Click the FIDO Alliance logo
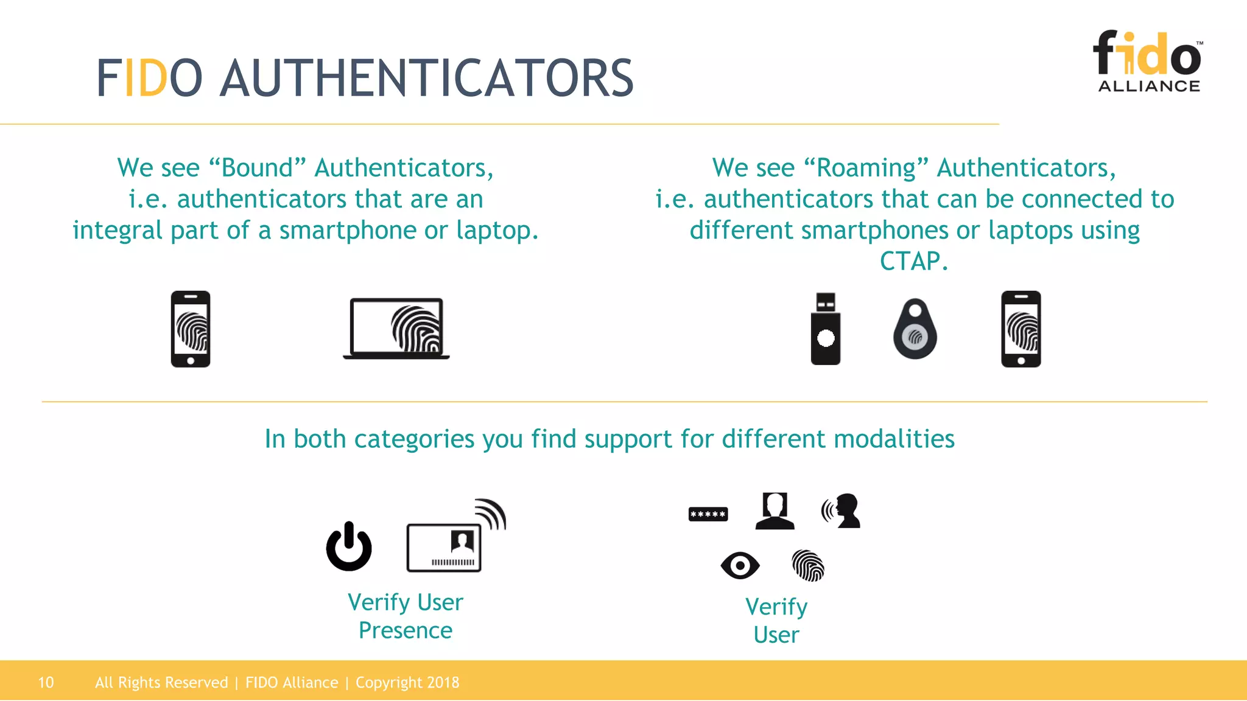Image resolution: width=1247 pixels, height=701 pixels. (x=1148, y=61)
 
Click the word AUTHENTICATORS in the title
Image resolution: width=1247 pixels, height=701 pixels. (x=426, y=78)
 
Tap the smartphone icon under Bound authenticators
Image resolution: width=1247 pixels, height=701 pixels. (x=191, y=329)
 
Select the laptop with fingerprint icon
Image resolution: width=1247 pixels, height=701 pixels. (x=396, y=329)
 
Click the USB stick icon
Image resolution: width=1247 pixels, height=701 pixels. (x=825, y=329)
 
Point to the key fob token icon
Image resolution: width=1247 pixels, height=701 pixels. (x=915, y=329)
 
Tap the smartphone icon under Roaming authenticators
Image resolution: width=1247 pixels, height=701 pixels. (x=1021, y=329)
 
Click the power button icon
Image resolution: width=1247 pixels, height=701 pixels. (x=349, y=546)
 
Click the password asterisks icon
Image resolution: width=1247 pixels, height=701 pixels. (x=708, y=514)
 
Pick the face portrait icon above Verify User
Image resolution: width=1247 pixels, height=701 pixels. (x=775, y=511)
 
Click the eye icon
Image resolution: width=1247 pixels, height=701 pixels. (x=740, y=565)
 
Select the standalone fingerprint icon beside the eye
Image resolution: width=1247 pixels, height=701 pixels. (x=808, y=565)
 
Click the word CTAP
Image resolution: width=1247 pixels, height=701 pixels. (x=913, y=262)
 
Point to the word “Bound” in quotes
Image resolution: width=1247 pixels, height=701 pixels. (x=257, y=168)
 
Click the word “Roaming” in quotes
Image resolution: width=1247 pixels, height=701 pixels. (x=866, y=168)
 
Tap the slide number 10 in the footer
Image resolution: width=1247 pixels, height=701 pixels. (x=46, y=683)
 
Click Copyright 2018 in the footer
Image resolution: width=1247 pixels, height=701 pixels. (x=407, y=683)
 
